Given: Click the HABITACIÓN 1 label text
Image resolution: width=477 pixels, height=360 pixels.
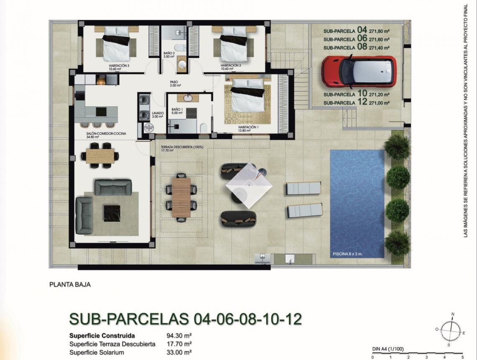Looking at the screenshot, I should click(249, 127).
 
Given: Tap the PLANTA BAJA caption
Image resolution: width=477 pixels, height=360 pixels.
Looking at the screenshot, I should click(70, 285).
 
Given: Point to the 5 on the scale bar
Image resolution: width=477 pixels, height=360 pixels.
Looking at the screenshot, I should click(462, 357).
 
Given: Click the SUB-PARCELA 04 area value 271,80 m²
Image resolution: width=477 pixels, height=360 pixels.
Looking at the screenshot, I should click(378, 31).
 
